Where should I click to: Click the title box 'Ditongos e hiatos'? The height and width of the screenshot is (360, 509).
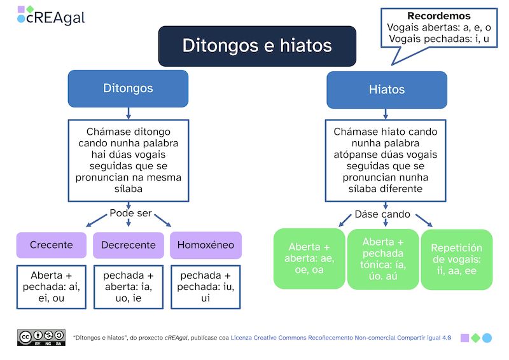coord(257,46)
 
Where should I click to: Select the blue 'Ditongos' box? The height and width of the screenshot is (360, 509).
coord(128,88)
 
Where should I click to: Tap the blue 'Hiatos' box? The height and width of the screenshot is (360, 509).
coord(386,90)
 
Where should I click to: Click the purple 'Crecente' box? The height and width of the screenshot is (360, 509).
coord(52,245)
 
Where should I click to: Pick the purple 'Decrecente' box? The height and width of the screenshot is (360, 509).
coord(129,245)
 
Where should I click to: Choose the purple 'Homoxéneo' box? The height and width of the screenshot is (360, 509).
coord(206,245)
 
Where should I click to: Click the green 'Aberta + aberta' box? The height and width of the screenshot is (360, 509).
coord(309,259)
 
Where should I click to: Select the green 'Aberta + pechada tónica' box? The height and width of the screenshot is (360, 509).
coord(383,260)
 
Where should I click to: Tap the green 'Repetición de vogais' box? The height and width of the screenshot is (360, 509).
coord(456,260)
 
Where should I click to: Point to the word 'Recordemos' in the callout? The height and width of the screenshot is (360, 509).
coord(439,16)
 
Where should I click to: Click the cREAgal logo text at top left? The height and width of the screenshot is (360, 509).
coord(55,18)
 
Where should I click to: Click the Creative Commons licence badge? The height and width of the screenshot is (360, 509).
coord(41,337)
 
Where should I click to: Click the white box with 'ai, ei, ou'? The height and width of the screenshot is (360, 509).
coord(52,287)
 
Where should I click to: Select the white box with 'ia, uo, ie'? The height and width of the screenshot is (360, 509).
coord(129,287)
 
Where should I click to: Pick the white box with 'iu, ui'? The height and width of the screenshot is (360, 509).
coord(206,287)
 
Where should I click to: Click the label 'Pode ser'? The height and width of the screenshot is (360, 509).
coord(130,213)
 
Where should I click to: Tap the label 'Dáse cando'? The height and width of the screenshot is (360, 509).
coord(382,214)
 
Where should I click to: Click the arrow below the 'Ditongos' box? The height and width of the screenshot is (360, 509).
coord(129,113)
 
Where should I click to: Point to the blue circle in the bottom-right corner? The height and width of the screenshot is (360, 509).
coord(487,338)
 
